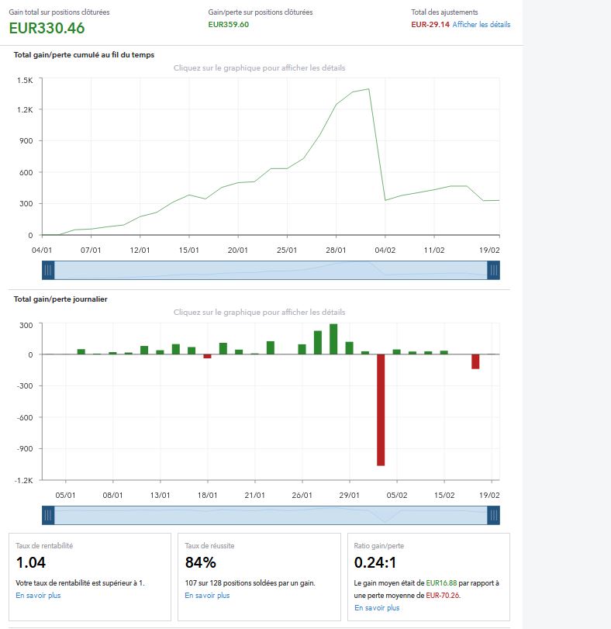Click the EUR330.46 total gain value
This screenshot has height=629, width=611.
(x=47, y=29)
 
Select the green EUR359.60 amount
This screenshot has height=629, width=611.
(x=229, y=25)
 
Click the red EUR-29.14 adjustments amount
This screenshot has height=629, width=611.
(x=430, y=25)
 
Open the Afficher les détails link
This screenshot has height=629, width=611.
(x=482, y=25)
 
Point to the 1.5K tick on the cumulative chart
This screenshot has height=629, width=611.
(x=25, y=80)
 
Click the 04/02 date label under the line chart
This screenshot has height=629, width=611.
(x=385, y=250)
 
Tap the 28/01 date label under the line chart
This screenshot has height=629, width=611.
(x=336, y=250)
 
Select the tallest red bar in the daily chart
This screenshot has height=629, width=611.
(x=381, y=410)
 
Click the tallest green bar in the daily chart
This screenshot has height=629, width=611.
(x=333, y=339)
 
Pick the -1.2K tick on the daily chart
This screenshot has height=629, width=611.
(x=23, y=480)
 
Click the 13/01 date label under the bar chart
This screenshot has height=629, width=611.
(x=161, y=495)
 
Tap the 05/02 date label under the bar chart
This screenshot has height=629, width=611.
(x=397, y=495)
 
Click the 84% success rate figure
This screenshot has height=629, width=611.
(x=200, y=562)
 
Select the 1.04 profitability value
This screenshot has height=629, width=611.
(x=31, y=562)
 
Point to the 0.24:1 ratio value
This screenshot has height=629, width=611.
(x=375, y=562)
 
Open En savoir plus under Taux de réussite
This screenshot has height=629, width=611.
(x=207, y=596)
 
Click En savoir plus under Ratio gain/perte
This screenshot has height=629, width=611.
(x=376, y=608)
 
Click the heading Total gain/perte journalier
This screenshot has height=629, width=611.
(x=60, y=299)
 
